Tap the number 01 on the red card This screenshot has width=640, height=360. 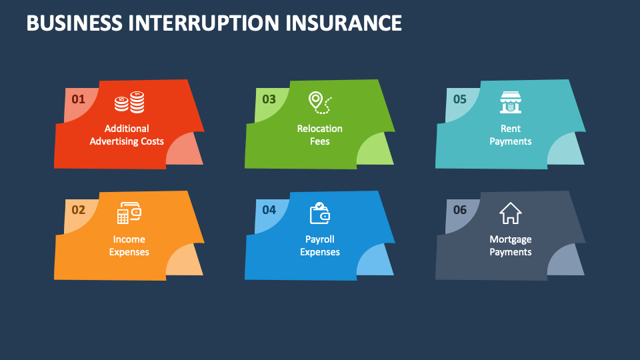coord(79,99)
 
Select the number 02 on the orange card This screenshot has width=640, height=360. coord(79,210)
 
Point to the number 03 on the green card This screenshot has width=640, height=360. coord(269,99)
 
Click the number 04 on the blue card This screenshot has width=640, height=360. coord(269,210)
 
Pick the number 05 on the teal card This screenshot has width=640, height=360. coord(460,99)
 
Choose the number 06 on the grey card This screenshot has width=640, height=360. coord(460,210)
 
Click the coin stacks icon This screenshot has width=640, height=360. coord(129,102)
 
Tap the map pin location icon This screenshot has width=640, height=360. coord(319,102)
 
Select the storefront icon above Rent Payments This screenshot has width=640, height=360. coord(510,102)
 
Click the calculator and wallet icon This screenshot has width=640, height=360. coord(129,213)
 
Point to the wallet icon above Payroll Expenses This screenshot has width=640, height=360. coord(319,213)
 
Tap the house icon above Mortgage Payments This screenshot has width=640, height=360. coord(510,213)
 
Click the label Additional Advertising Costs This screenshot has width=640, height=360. coord(127,135)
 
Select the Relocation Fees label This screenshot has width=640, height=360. coord(320,135)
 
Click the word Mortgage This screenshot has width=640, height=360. coord(511,239)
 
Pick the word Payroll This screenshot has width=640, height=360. coord(320,239)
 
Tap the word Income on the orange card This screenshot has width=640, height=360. coord(129,239)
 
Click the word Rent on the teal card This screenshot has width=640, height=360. coord(511,129)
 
